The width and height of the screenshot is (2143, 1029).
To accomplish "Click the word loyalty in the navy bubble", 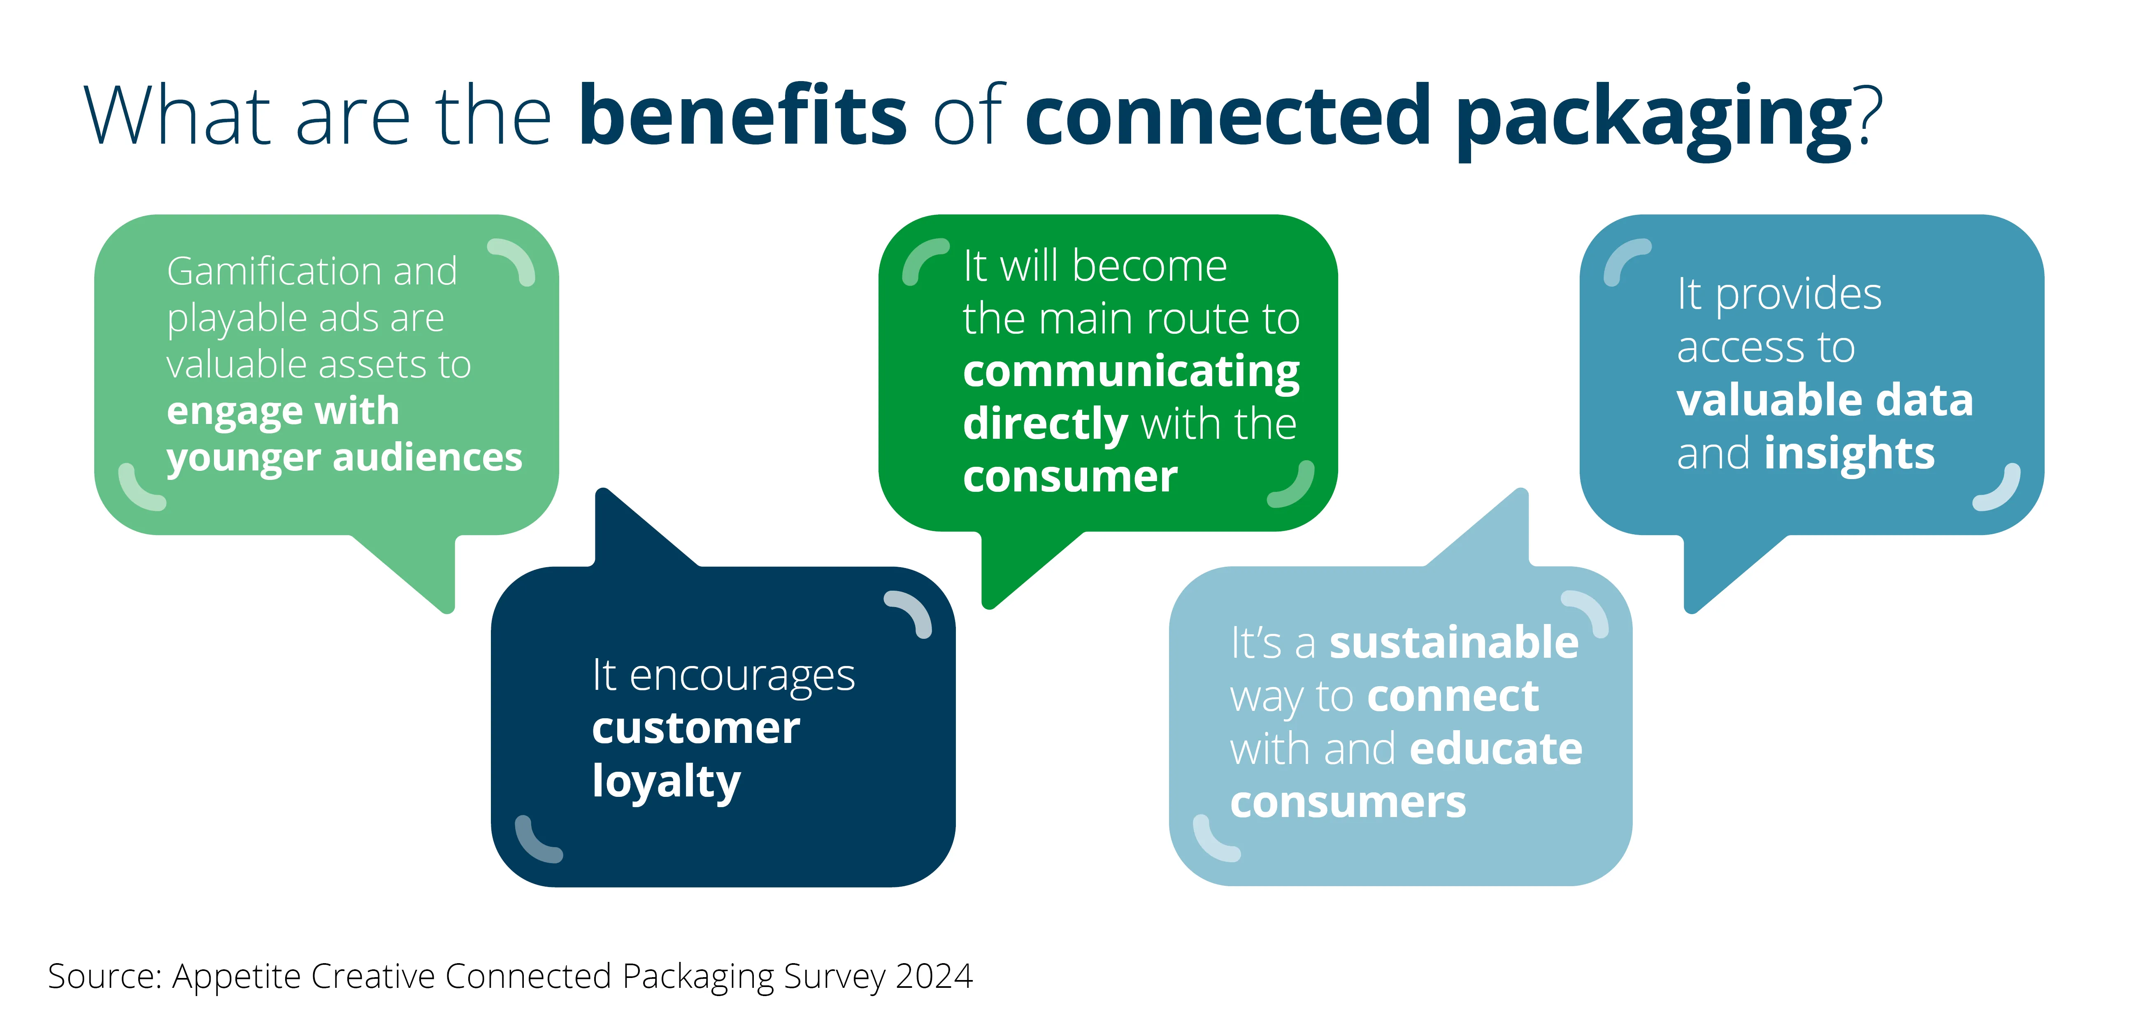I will [x=665, y=782].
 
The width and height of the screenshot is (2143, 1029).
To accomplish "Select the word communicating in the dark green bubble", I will [x=1131, y=372].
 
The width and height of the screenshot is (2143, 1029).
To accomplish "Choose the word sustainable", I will [x=1453, y=643].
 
